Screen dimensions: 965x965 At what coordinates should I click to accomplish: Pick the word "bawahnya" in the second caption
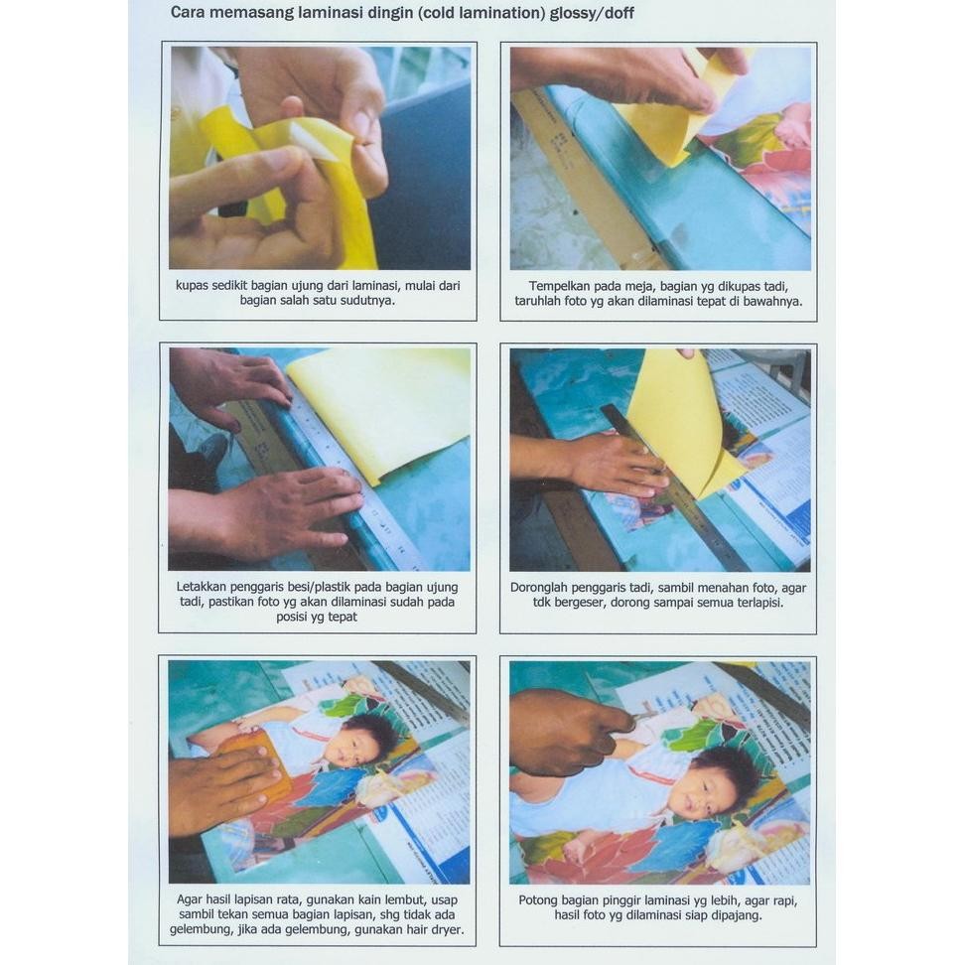(x=771, y=302)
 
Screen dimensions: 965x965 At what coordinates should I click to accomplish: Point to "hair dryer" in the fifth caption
(x=432, y=929)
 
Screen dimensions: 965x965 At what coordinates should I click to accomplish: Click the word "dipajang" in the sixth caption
(x=735, y=915)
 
